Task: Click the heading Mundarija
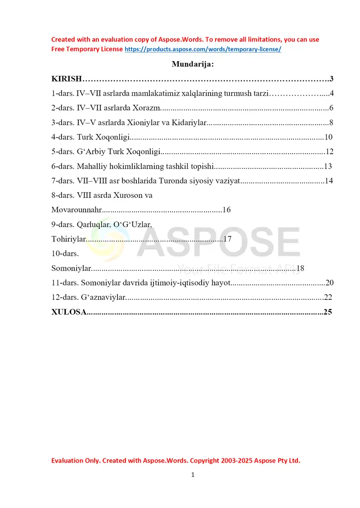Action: [193, 64]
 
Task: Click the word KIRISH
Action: [67, 79]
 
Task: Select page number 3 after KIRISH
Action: [331, 79]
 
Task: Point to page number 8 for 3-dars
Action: [331, 122]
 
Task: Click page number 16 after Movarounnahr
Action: [226, 210]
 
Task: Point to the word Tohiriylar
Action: [68, 239]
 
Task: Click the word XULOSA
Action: [69, 312]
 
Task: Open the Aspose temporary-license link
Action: [202, 49]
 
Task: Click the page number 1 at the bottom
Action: [193, 475]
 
